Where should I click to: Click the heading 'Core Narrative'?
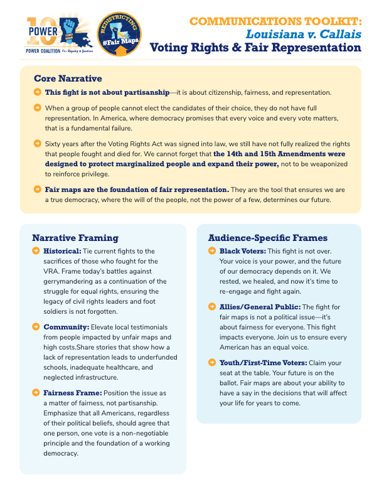[68, 78]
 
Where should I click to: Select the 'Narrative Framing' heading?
[75, 238]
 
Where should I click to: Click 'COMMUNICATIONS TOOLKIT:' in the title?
[275, 21]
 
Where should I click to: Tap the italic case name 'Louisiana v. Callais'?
[305, 34]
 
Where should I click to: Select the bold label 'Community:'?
[66, 328]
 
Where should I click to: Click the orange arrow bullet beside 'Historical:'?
[36, 251]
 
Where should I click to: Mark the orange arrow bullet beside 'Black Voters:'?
[211, 251]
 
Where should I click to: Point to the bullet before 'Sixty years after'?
[38, 144]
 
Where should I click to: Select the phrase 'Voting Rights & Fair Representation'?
[255, 48]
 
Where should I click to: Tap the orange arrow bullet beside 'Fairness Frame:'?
[36, 393]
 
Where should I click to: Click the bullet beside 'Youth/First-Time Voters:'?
[211, 363]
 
